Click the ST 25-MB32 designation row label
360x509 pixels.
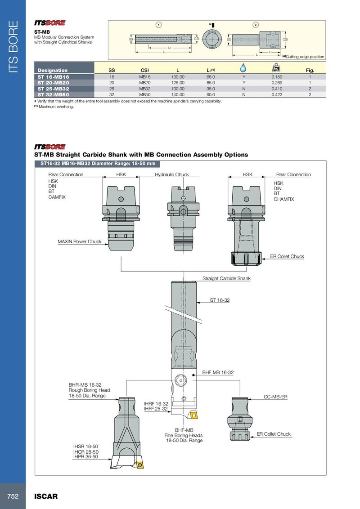(53, 89)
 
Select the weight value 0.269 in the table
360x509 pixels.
(277, 83)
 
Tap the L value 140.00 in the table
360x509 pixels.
(178, 95)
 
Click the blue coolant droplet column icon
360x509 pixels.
(243, 67)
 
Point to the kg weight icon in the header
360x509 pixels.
(276, 67)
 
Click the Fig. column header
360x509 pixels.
(310, 70)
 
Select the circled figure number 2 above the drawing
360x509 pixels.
(256, 25)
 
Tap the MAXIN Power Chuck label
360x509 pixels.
(80, 241)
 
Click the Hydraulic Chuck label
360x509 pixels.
(172, 174)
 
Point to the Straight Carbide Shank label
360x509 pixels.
(226, 278)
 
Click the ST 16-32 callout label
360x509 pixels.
(220, 300)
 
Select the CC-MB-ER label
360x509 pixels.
(275, 397)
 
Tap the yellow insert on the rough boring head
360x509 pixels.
(139, 465)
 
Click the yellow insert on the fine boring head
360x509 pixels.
(193, 415)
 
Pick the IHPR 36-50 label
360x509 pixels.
(85, 457)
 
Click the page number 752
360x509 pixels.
(13, 496)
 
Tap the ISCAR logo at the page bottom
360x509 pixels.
(46, 496)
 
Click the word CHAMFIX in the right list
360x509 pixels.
(283, 199)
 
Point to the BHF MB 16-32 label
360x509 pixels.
(218, 372)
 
